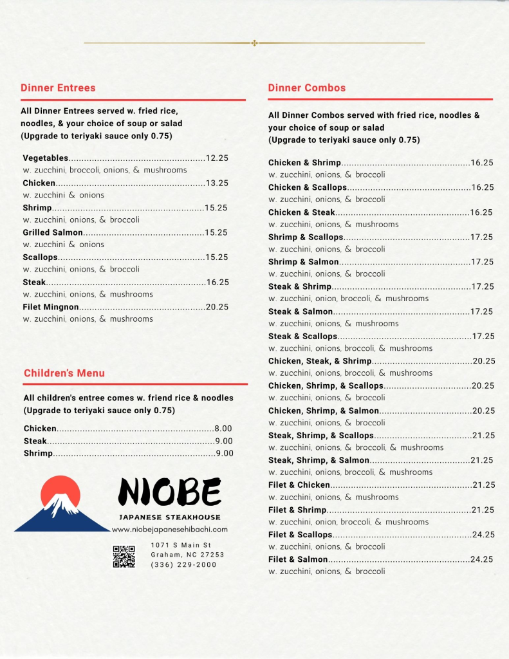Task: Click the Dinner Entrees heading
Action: [58, 88]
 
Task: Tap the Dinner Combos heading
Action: [307, 88]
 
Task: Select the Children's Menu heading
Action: [64, 373]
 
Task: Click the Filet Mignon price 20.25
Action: [217, 307]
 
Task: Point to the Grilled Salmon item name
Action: [53, 232]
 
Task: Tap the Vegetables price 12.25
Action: [217, 158]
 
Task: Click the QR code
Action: [124, 556]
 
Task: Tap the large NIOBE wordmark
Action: [170, 493]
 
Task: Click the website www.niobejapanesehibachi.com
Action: [170, 529]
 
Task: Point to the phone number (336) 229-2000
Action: [183, 564]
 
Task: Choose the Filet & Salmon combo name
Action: [298, 559]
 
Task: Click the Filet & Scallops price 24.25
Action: [483, 534]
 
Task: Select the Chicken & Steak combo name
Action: [302, 212]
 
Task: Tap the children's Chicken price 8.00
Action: [223, 428]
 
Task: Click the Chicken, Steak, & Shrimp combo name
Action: [320, 361]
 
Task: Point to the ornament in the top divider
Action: [254, 43]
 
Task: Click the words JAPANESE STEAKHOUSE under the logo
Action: [170, 517]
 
